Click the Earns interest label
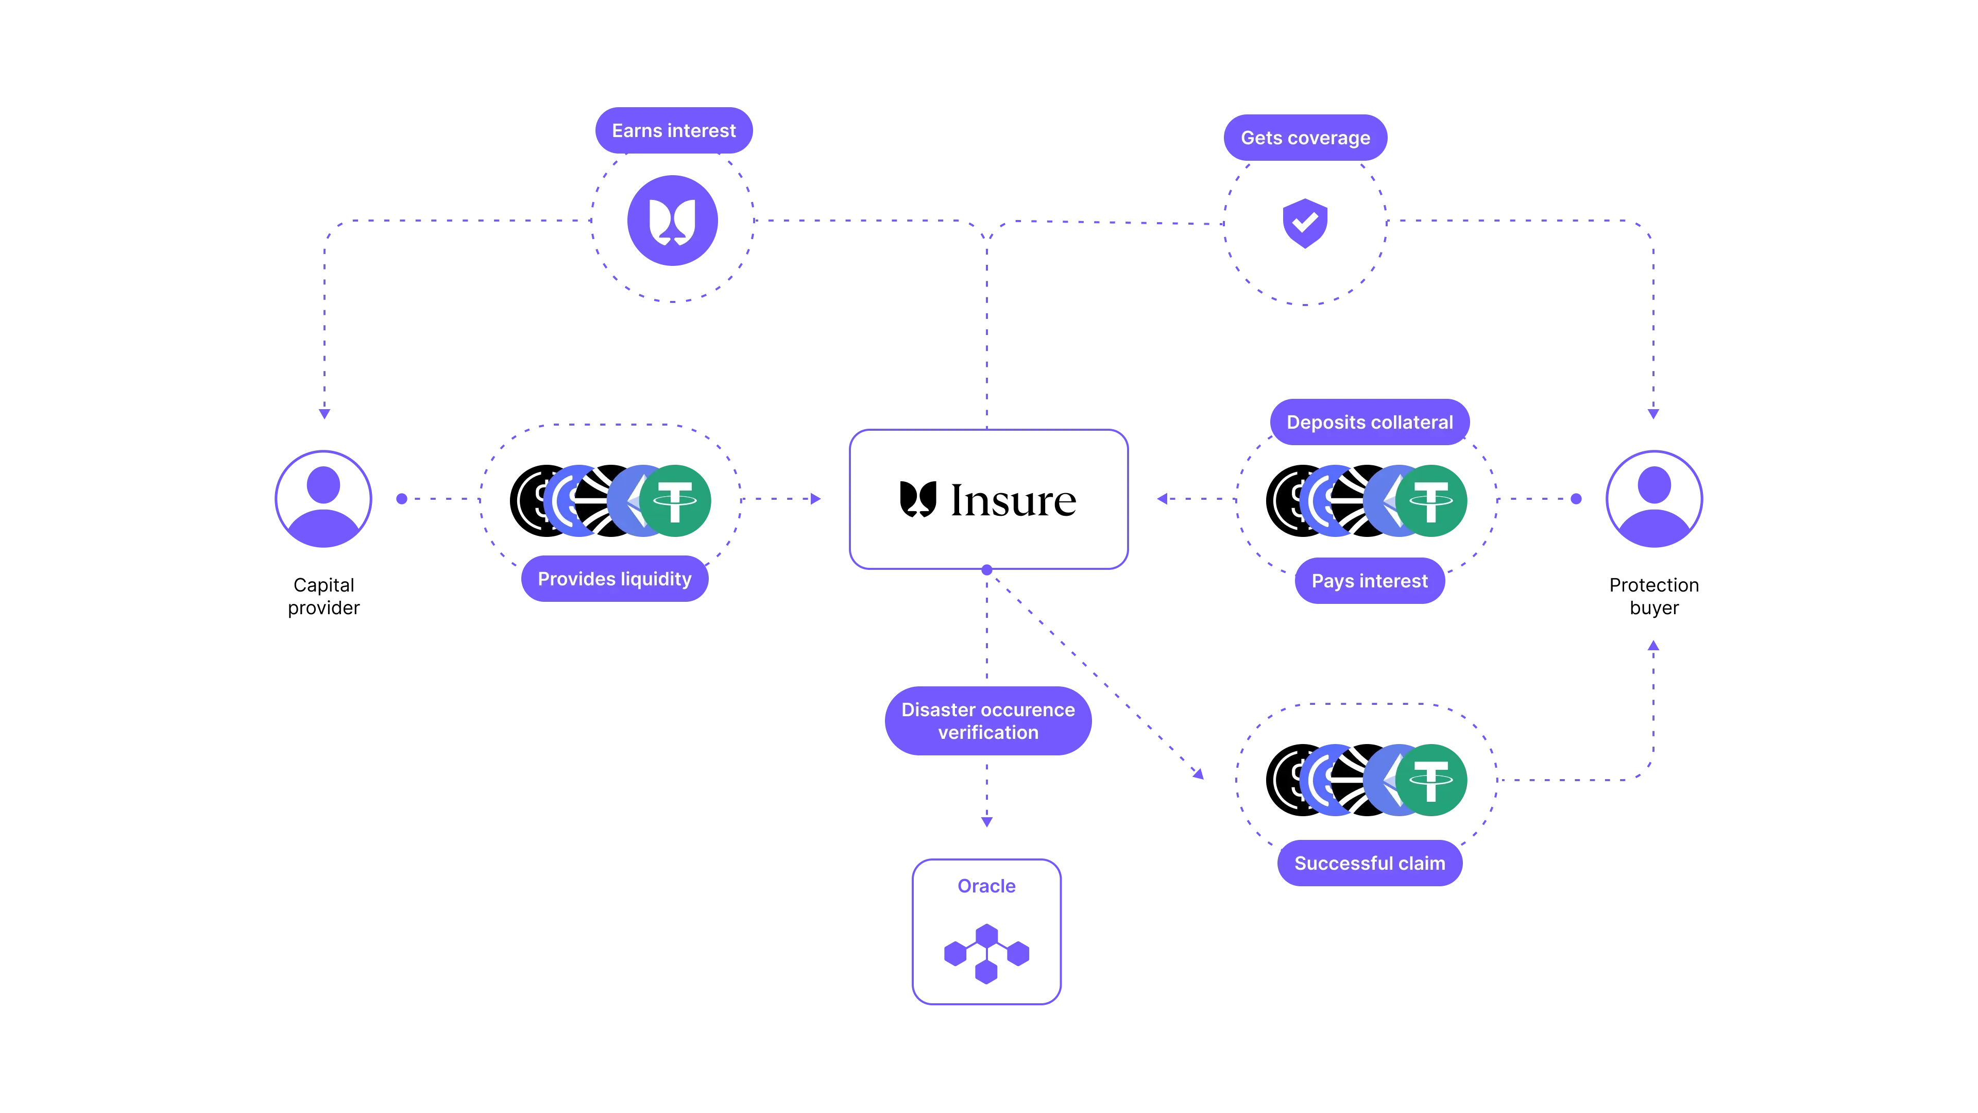point(673,130)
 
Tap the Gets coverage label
point(1305,138)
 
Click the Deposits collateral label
point(1370,423)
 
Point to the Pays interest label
point(1370,581)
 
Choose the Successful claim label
point(1370,864)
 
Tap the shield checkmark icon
point(1305,223)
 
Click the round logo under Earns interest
point(673,221)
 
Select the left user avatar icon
point(323,499)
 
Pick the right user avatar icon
point(1654,499)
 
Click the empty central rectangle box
point(988,499)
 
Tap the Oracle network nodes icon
point(987,954)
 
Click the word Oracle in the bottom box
point(987,886)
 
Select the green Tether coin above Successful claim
point(1430,780)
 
